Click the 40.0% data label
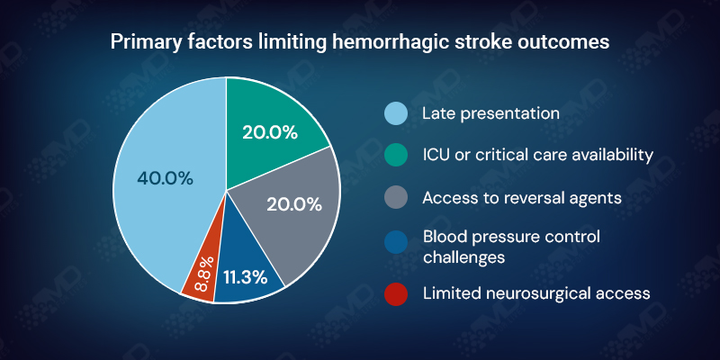(165, 178)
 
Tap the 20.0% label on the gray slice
(294, 204)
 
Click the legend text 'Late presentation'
(490, 113)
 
